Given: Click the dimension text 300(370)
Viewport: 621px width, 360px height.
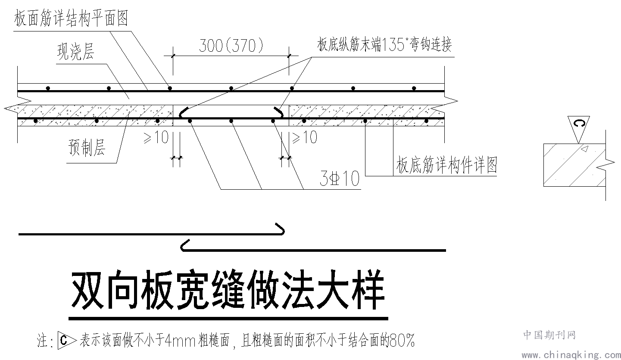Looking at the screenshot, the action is coord(231,46).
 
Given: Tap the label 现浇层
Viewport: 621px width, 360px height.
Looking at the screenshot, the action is coord(76,52).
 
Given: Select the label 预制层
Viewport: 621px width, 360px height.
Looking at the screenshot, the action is coord(87,147).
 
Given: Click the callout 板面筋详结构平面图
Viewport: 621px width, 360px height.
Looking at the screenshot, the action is coord(71,18).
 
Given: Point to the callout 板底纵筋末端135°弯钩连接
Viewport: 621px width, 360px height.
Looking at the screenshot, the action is coord(384,44).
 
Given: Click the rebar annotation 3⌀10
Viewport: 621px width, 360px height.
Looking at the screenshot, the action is coord(340,178).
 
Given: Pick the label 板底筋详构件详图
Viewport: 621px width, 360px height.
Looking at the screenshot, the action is coord(446,165).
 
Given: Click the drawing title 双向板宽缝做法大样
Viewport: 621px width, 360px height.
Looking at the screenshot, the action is coord(228,290).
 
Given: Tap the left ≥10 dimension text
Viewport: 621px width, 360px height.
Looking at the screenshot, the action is coord(156,137).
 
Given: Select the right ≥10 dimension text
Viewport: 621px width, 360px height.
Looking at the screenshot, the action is coord(305,137).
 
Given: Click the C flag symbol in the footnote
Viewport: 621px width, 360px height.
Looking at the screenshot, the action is coord(67,340).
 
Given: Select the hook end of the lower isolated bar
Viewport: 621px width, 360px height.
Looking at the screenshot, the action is coord(184,245).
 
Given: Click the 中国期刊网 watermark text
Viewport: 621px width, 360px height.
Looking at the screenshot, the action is coord(549,335).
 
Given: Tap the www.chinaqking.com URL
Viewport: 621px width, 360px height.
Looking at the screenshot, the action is coord(571,355).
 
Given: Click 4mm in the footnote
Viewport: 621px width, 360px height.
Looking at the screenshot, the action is coord(181,341).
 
